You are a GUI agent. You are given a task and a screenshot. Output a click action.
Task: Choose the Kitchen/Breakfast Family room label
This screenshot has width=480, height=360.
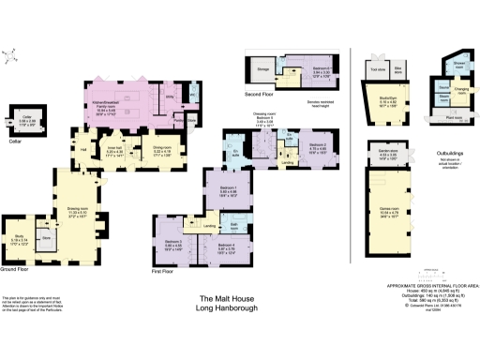(144, 92)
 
